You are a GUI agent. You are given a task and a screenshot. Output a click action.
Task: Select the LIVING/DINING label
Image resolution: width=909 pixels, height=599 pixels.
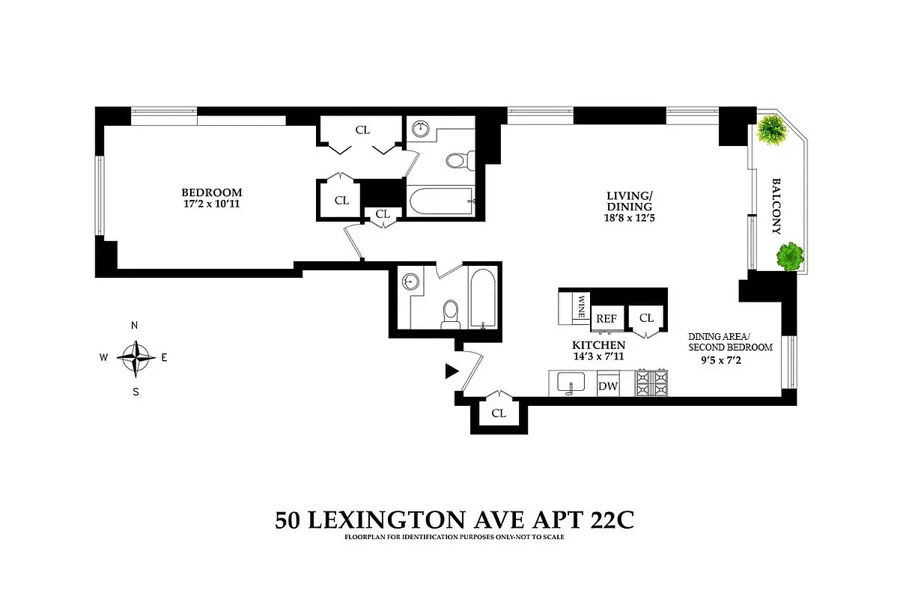tap(629, 201)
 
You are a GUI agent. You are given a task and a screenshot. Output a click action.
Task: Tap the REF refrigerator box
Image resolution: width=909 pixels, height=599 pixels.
tap(606, 318)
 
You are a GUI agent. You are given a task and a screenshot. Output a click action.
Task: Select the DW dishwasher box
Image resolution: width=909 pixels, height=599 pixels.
tap(606, 386)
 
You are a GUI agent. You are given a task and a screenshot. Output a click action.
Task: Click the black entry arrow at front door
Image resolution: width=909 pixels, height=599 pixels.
tap(452, 371)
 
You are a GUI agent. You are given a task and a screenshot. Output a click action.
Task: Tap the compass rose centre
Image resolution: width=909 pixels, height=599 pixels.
tap(136, 357)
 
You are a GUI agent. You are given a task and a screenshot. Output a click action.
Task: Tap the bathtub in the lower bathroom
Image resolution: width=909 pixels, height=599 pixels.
tap(481, 297)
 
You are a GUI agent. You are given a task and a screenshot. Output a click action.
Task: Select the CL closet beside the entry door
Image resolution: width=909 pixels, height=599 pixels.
tap(499, 413)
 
